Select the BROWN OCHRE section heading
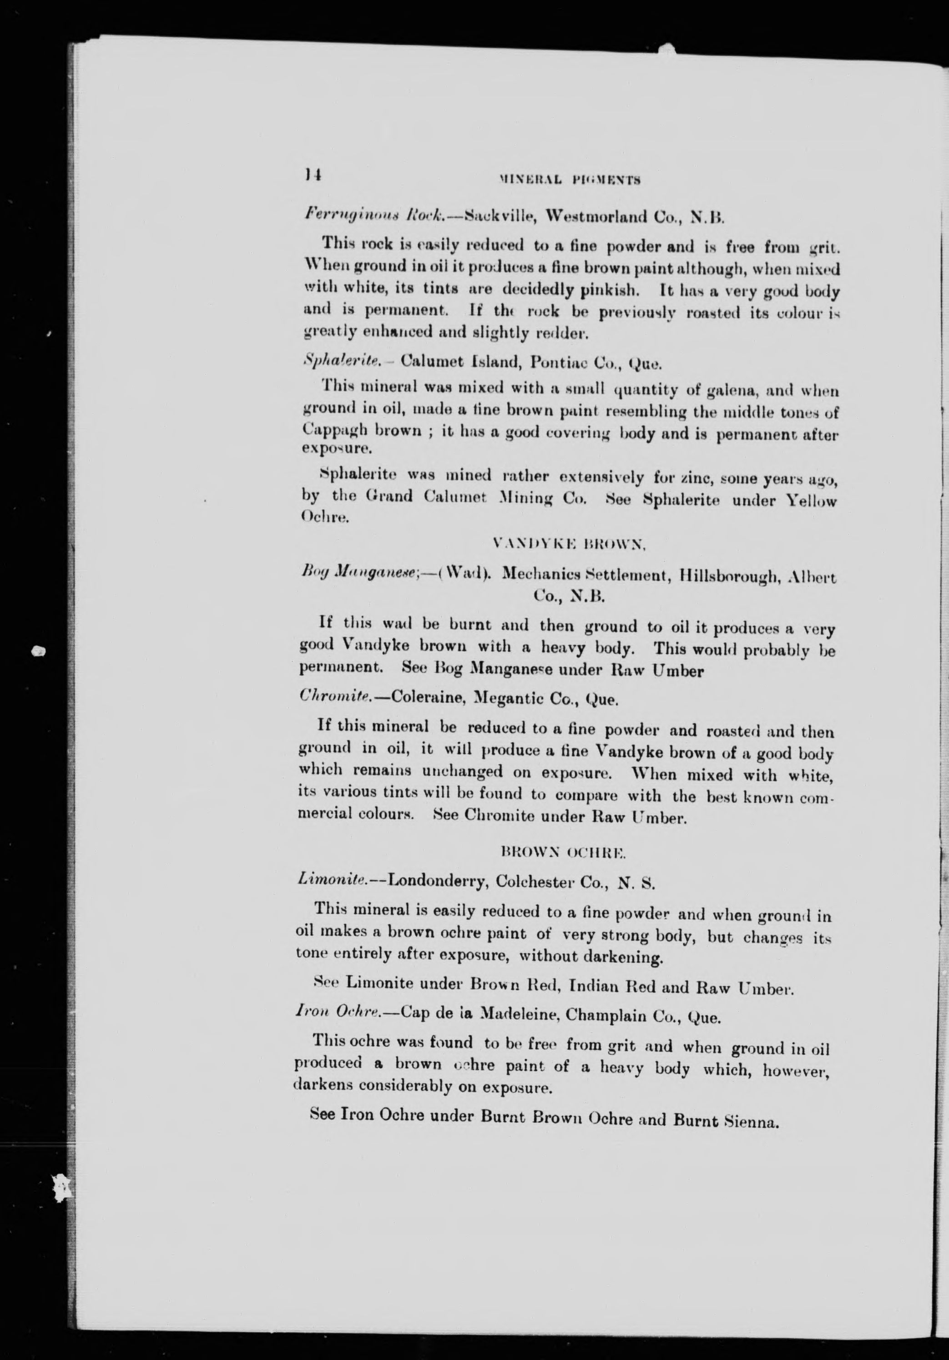coord(563,852)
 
